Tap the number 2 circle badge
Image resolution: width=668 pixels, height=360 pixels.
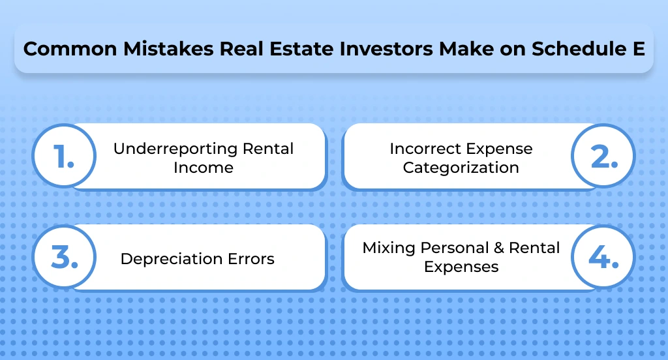click(603, 157)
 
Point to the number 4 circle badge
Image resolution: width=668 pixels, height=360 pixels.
click(603, 258)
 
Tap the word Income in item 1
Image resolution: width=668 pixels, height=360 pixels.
click(203, 168)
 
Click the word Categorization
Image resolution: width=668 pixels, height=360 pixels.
click(461, 168)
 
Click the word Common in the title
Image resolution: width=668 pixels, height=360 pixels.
click(60, 50)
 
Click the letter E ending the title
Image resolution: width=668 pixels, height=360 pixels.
click(639, 50)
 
